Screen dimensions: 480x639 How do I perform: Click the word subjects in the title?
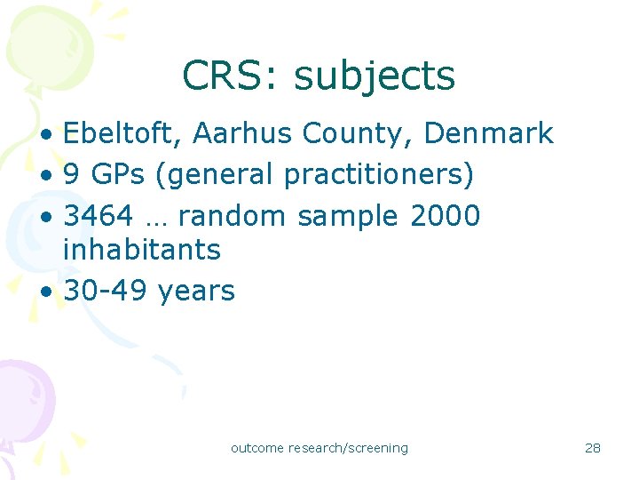[374, 77]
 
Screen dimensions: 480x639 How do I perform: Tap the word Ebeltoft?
[122, 134]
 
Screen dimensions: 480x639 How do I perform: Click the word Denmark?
[489, 134]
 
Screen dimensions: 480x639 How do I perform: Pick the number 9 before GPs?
[72, 175]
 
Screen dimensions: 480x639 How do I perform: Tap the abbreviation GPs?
[118, 175]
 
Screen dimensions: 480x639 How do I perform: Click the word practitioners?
[379, 176]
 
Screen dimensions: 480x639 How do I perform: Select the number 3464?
[99, 216]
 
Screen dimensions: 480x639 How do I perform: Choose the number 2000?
[446, 216]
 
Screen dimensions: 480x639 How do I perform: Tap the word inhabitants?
[142, 250]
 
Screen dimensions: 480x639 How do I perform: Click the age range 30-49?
[106, 291]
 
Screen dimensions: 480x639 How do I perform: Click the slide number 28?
[593, 448]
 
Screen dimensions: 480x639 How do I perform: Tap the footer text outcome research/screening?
[319, 448]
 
